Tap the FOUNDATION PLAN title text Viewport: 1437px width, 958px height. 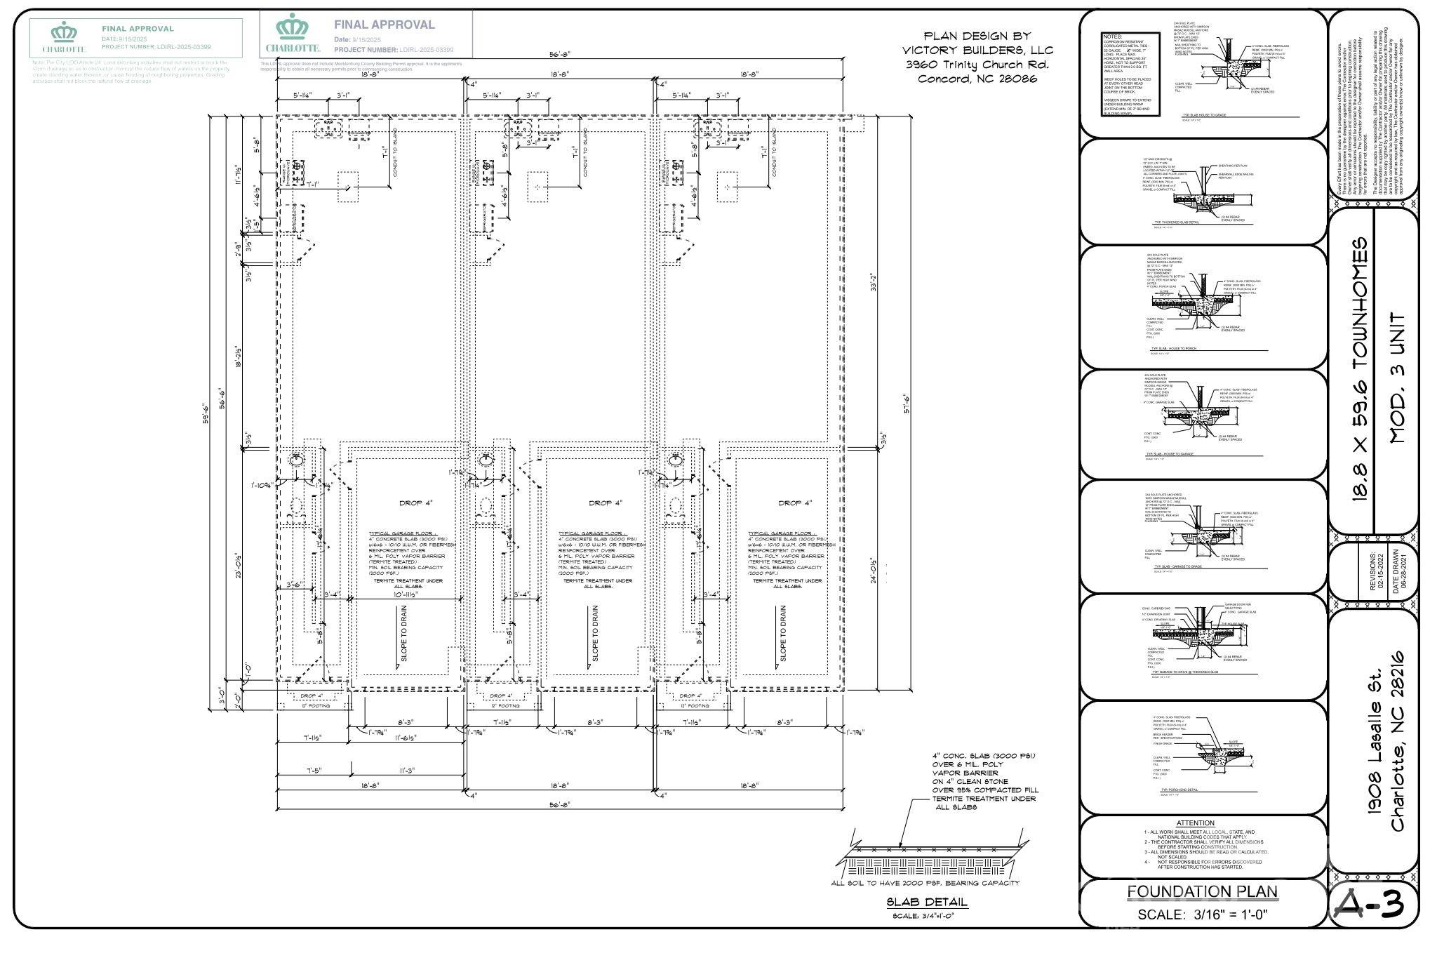[x=1202, y=892]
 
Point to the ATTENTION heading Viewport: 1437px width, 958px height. [x=1195, y=823]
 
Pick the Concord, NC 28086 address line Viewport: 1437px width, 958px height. [x=977, y=79]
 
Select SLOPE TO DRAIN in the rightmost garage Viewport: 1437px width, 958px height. [x=783, y=634]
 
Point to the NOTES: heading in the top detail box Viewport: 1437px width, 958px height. [x=1113, y=36]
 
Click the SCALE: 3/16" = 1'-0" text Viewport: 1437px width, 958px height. [x=1203, y=914]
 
